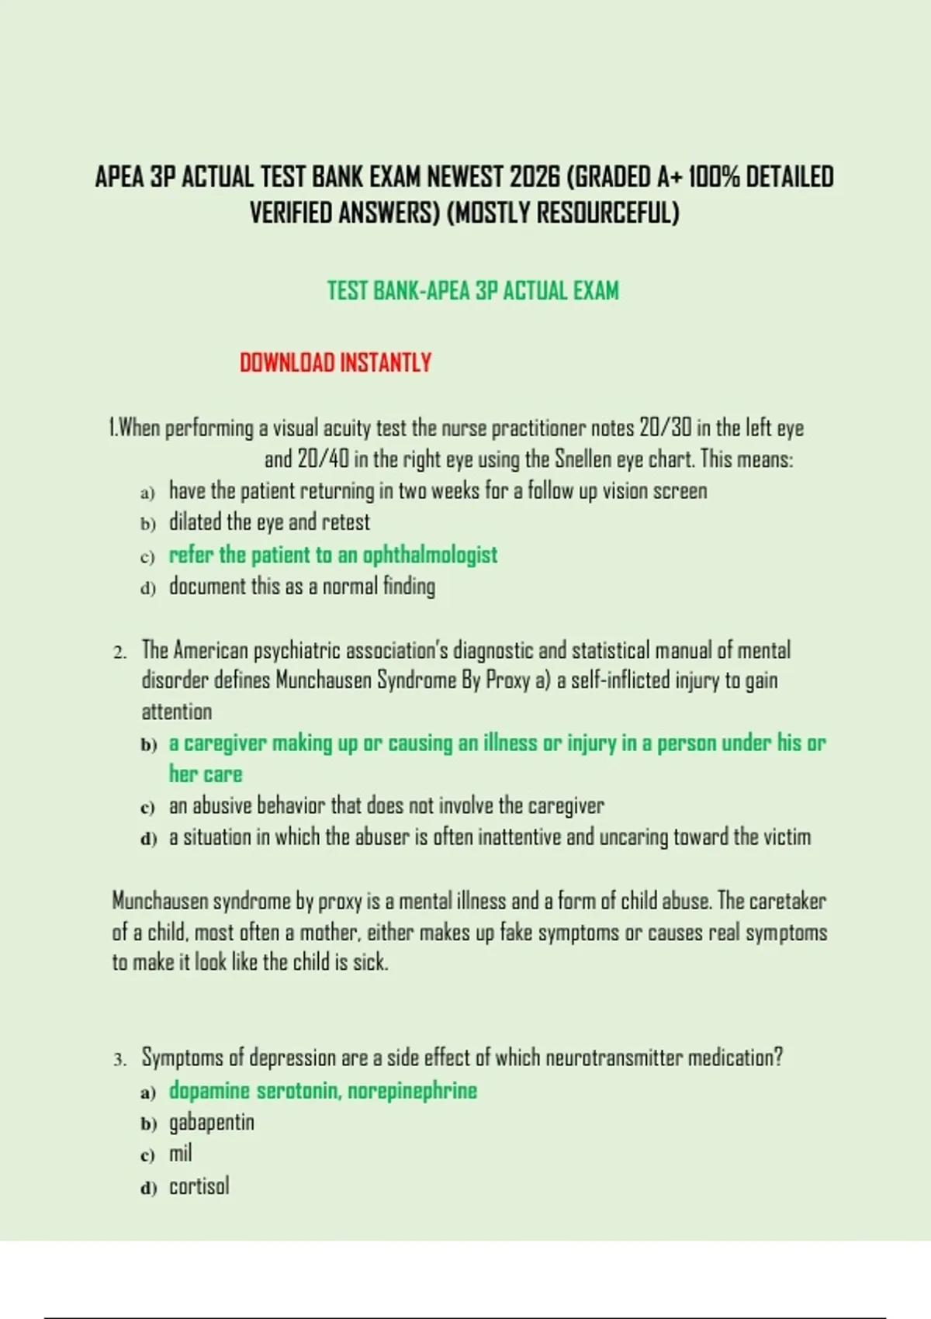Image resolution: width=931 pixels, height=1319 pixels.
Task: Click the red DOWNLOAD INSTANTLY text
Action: tap(335, 363)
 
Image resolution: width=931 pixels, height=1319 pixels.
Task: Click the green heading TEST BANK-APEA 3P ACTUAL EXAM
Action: tap(472, 291)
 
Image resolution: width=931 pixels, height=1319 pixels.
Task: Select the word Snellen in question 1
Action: tap(583, 459)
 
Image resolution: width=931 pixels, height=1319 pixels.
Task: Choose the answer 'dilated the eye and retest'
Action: tap(269, 522)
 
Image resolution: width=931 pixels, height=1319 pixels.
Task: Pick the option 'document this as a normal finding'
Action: tap(302, 586)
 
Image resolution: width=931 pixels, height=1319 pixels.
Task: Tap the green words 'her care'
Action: tap(206, 774)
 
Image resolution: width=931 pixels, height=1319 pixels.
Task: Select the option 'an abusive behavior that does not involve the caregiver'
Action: tap(386, 805)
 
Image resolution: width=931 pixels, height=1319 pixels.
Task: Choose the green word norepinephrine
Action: tap(412, 1091)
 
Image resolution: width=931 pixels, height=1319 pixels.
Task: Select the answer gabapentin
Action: tap(211, 1122)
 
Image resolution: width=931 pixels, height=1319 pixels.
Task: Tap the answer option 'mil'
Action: tap(180, 1154)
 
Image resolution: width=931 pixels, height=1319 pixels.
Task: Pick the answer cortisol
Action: tap(199, 1186)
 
